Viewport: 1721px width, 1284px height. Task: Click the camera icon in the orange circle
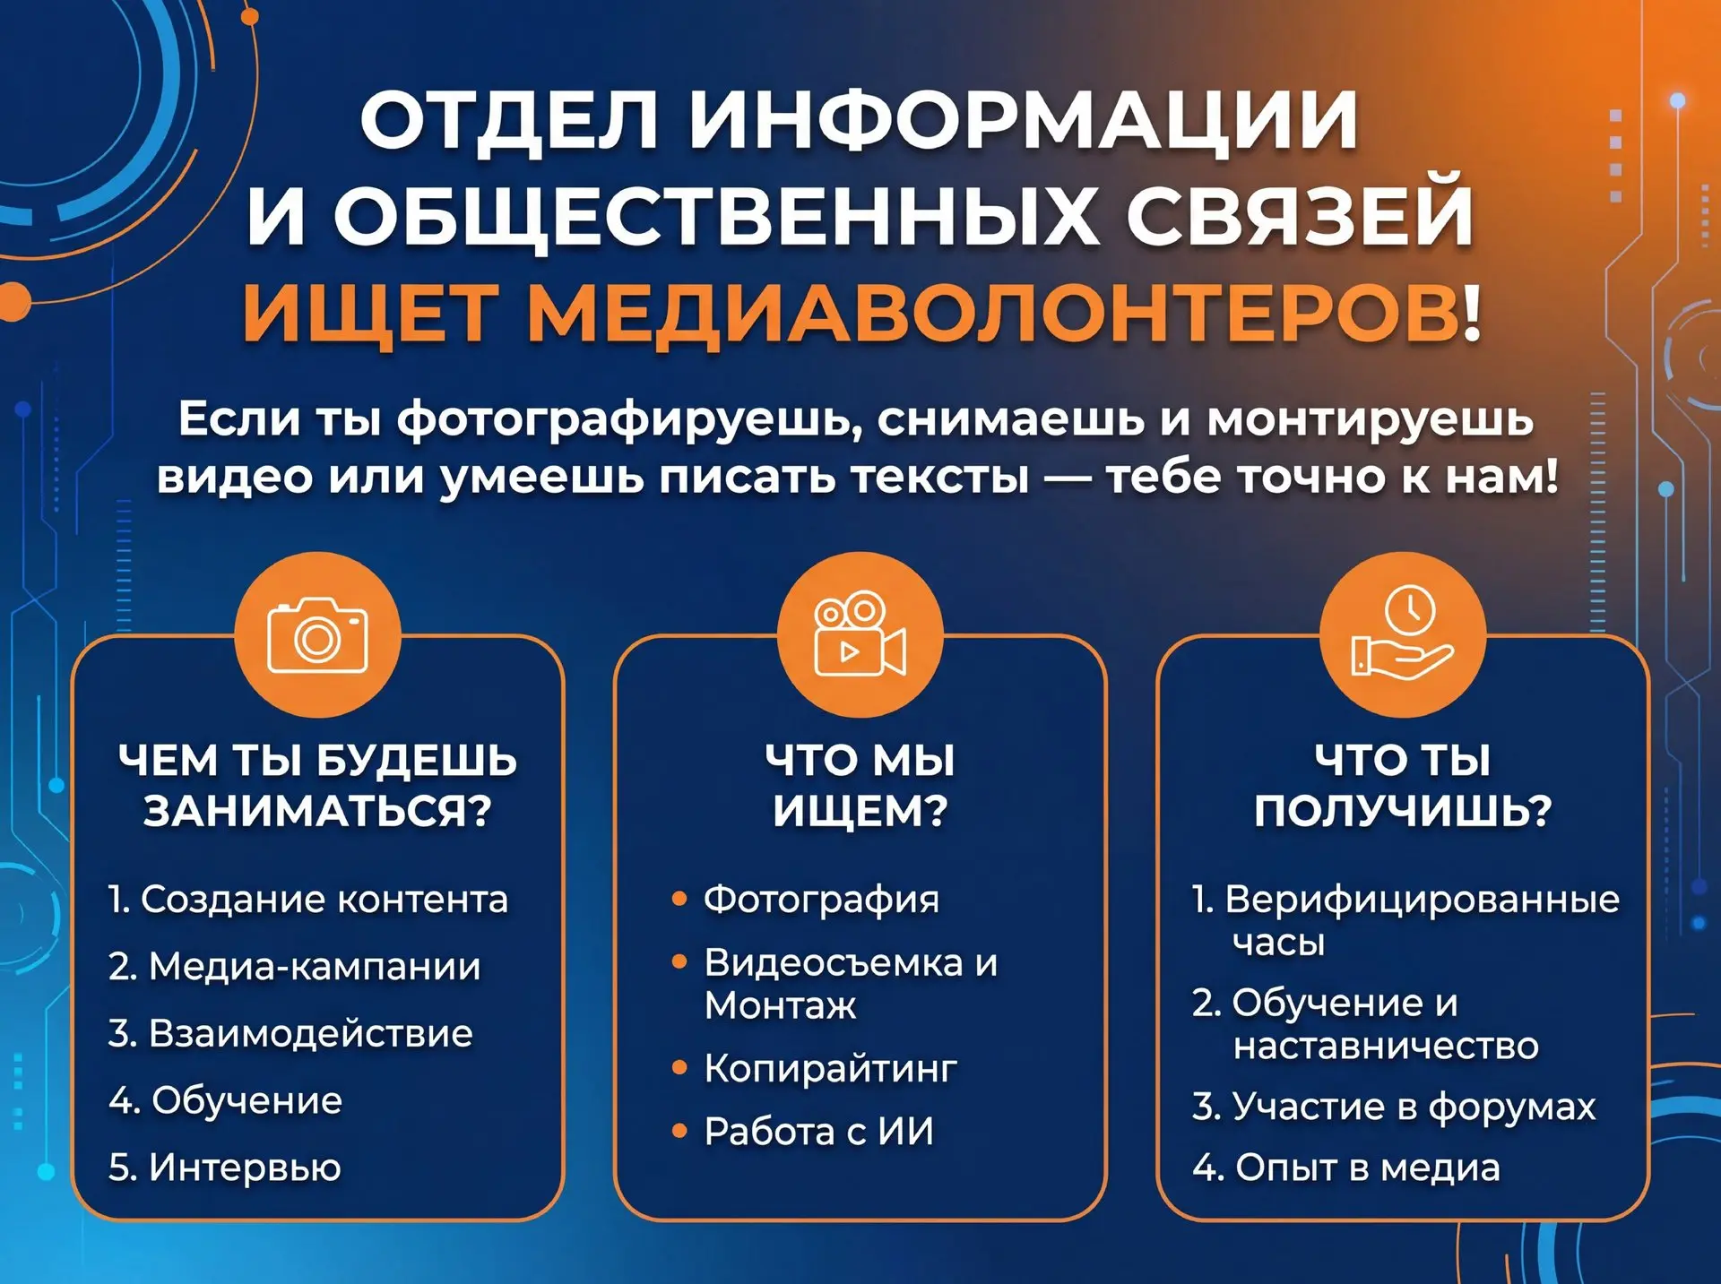coord(317,634)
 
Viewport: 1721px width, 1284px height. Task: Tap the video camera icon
coord(860,633)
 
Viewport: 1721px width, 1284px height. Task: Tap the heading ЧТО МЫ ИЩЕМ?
coord(860,785)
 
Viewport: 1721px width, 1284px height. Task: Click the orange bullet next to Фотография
coord(679,898)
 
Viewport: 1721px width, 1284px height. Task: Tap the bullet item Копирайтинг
coord(830,1067)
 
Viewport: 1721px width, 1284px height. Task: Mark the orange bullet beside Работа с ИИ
coord(679,1131)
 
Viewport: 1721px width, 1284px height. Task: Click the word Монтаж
coord(780,1005)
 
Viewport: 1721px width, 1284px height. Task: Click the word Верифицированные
coord(1422,899)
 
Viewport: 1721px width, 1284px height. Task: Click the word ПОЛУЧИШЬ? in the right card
coord(1403,811)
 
